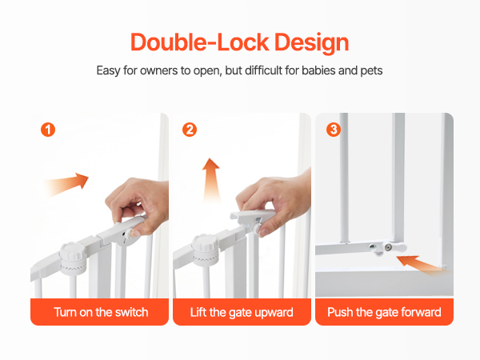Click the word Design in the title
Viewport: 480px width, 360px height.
click(312, 43)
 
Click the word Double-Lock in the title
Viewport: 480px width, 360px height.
click(199, 42)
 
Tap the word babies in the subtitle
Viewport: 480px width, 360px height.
click(318, 70)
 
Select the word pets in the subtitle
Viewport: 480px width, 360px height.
click(371, 71)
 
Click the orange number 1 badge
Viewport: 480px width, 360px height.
click(48, 130)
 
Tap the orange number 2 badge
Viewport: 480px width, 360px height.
click(190, 130)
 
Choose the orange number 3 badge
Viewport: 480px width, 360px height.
click(334, 130)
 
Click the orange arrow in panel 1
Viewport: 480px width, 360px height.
click(66, 185)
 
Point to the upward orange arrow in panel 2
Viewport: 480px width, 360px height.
click(211, 180)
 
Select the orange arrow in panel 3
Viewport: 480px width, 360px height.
click(422, 265)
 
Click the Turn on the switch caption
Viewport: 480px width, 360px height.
click(101, 312)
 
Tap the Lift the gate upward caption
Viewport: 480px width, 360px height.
click(242, 313)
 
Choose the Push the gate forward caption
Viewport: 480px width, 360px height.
click(384, 313)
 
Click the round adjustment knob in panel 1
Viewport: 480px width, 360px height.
click(73, 258)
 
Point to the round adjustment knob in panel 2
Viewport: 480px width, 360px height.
click(206, 250)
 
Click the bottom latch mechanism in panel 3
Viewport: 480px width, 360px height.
click(388, 247)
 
